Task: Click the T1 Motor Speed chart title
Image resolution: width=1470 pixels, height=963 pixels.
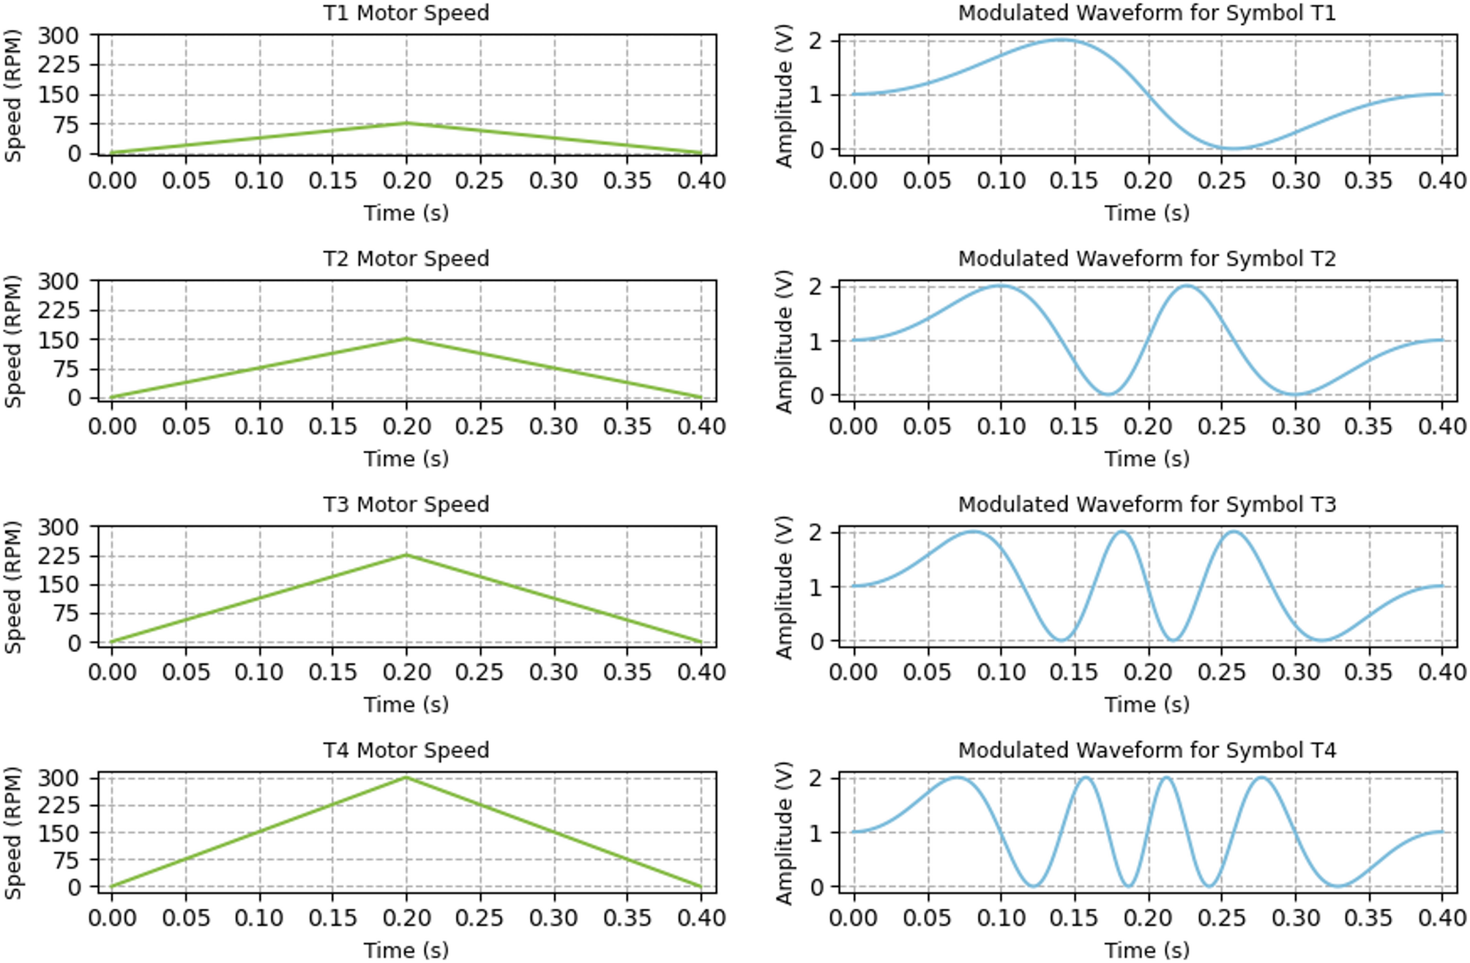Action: click(406, 13)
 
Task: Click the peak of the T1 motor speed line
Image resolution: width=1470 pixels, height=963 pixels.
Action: click(407, 123)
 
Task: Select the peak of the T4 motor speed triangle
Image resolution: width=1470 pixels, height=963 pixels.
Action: click(407, 777)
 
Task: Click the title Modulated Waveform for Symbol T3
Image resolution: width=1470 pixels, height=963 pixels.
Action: click(1146, 505)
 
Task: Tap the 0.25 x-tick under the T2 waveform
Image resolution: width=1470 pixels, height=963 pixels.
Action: click(1221, 427)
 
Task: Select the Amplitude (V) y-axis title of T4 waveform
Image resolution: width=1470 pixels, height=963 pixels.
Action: click(784, 833)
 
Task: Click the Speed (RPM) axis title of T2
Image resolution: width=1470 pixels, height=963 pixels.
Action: click(13, 341)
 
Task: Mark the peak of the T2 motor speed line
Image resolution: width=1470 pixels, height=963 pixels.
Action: click(407, 338)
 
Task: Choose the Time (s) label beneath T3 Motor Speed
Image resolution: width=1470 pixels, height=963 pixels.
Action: click(406, 705)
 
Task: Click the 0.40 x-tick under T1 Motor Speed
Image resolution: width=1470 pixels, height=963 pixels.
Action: click(701, 181)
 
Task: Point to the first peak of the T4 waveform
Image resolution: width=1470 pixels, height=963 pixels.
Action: click(956, 778)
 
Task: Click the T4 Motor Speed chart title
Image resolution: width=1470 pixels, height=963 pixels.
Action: click(406, 751)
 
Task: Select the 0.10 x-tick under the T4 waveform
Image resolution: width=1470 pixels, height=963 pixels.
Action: click(1001, 918)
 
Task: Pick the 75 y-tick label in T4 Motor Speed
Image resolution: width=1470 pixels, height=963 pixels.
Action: click(66, 860)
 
